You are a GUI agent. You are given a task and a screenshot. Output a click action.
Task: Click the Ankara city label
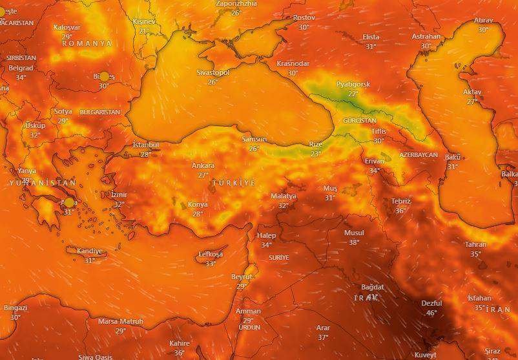[203, 166]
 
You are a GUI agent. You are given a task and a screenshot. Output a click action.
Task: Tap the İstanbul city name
[145, 145]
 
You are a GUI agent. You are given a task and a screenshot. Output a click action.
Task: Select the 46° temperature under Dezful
[431, 313]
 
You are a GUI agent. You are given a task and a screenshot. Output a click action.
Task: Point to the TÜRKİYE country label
[234, 184]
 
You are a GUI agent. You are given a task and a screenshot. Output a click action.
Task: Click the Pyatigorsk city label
[353, 85]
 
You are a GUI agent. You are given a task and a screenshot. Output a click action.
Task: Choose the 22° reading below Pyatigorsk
[353, 94]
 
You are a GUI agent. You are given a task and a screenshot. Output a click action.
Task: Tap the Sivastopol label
[213, 73]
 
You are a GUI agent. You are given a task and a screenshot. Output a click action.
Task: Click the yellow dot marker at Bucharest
[104, 77]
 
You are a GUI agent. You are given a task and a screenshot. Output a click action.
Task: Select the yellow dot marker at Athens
[69, 202]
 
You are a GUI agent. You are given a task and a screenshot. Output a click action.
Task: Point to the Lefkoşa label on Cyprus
[210, 255]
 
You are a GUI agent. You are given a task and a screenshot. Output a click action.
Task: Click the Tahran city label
[475, 244]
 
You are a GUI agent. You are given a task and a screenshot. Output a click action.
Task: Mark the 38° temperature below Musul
[354, 242]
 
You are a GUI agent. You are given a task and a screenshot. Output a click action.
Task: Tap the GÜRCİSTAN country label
[359, 121]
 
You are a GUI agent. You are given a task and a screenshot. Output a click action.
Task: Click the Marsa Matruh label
[121, 321]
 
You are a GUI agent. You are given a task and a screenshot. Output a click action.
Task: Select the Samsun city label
[254, 139]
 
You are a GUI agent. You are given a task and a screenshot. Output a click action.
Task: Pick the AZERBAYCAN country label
[418, 155]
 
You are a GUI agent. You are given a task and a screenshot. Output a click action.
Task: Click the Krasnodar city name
[293, 64]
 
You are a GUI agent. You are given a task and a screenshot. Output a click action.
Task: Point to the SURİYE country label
[279, 257]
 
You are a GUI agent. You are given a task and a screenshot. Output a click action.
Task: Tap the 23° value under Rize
[315, 154]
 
